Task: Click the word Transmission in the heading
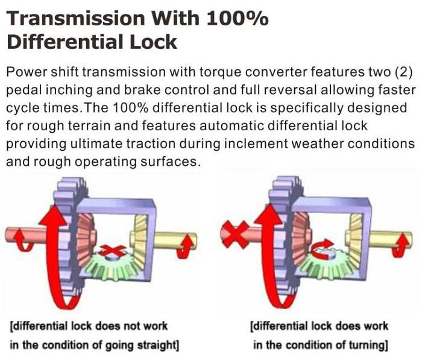tap(75, 18)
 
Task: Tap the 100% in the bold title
tap(237, 18)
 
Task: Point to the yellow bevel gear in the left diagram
tap(139, 239)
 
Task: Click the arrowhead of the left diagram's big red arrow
tap(53, 214)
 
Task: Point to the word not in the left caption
tap(132, 326)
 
